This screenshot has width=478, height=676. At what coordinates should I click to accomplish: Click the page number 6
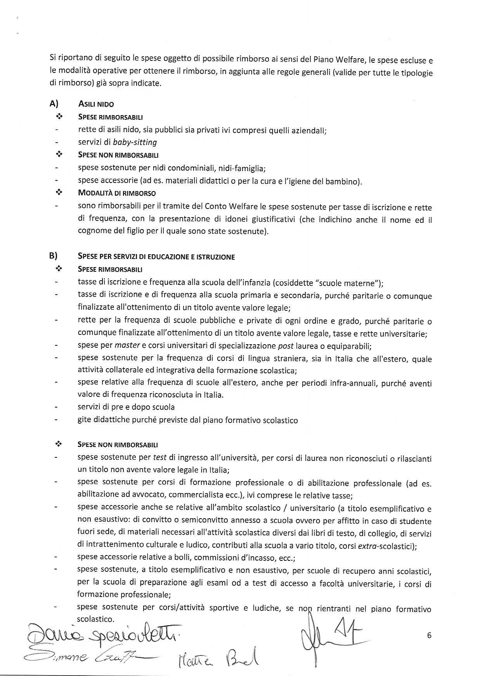(429, 635)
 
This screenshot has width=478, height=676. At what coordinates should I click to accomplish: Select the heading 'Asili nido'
(96, 104)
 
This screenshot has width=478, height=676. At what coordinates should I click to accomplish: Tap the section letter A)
(54, 103)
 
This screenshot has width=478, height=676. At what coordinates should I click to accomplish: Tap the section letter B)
(54, 255)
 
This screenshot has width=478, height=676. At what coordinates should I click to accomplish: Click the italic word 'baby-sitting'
(135, 142)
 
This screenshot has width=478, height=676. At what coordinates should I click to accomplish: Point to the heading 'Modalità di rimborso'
(117, 193)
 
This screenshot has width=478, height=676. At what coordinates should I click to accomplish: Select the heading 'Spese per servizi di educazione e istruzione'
(156, 257)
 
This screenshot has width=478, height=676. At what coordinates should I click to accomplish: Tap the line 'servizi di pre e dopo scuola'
(126, 407)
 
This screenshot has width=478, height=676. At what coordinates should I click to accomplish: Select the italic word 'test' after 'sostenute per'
(160, 457)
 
